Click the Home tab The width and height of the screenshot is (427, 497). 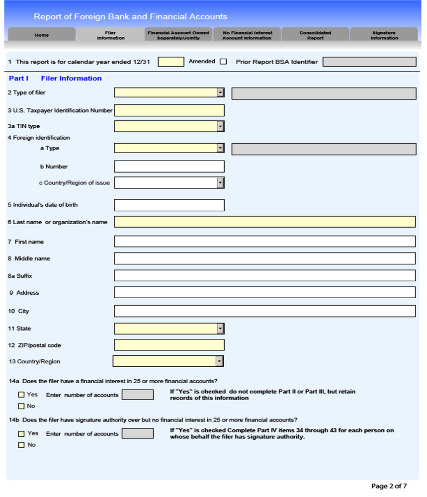pos(42,35)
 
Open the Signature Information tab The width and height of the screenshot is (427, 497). pos(384,35)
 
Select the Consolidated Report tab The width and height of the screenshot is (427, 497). pos(315,35)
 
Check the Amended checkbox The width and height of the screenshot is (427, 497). pos(223,62)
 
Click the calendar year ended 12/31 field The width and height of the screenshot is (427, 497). pos(171,62)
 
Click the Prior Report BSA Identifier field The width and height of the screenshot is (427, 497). pos(369,62)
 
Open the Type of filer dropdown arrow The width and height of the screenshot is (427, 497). pos(220,92)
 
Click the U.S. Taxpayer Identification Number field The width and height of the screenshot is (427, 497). pos(169,110)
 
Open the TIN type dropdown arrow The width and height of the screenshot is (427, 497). pos(220,126)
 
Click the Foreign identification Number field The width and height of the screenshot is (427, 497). pos(169,166)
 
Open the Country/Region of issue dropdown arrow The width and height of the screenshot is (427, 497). pos(220,183)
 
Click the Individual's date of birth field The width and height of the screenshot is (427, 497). pos(169,205)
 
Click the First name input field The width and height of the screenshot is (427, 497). pos(264,242)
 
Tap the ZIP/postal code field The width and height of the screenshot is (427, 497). pos(169,345)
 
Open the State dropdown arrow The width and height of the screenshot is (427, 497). pos(220,329)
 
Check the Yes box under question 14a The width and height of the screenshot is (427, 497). pos(21,395)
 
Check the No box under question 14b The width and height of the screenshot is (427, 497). pos(21,445)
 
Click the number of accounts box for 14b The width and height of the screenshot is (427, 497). pos(138,433)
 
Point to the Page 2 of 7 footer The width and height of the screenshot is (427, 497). pos(389,486)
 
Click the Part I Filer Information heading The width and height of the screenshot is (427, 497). pos(55,78)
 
